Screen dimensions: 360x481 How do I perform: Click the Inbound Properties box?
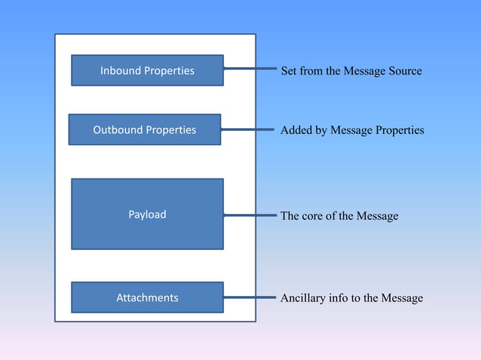(x=147, y=70)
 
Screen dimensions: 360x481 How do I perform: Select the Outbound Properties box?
(x=144, y=130)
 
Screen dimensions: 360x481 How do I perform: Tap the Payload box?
(x=147, y=214)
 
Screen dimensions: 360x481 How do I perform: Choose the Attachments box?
(x=147, y=297)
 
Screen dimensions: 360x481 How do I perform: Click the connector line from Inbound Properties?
(x=249, y=70)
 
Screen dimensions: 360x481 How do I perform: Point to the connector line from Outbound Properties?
(x=247, y=130)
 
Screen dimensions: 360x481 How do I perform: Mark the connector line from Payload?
(x=250, y=215)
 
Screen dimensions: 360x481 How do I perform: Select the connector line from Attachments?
(x=249, y=297)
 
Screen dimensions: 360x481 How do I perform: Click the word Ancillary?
(x=303, y=298)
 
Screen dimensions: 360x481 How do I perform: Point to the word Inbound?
(x=121, y=71)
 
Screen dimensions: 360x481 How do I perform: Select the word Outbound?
(x=118, y=130)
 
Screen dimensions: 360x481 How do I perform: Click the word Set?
(x=289, y=71)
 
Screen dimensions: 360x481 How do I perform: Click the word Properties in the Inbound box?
(x=170, y=71)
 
